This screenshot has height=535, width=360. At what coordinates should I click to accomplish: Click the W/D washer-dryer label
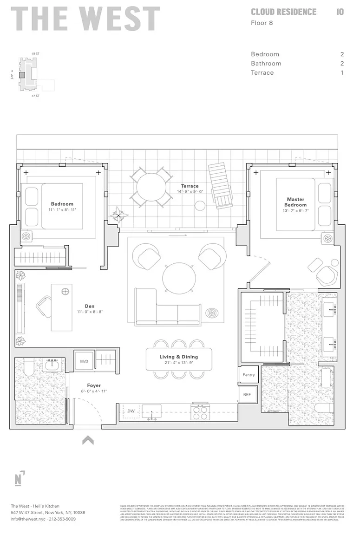85,361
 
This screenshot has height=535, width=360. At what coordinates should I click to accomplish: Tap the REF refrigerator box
247,394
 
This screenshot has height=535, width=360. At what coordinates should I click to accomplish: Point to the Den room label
90,306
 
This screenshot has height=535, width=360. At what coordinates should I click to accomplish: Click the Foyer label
93,385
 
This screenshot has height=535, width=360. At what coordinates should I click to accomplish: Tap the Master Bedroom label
295,202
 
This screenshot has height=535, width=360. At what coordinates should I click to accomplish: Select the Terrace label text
190,186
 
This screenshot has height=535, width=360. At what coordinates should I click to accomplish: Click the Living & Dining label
179,357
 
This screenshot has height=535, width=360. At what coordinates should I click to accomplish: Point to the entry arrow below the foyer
88,440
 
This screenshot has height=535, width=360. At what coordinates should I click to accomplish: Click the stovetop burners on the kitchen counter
200,412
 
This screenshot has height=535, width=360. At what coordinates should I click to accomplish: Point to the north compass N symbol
19,479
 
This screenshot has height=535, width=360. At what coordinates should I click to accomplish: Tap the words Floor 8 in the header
262,22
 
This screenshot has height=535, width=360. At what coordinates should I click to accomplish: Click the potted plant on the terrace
119,215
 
